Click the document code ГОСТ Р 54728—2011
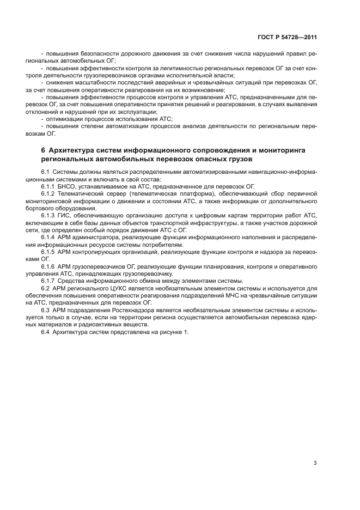click(286, 38)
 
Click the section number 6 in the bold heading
click(43, 149)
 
